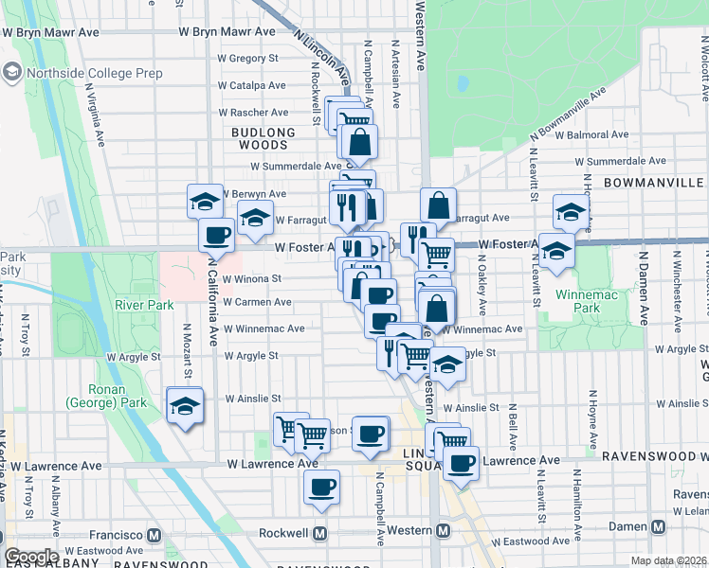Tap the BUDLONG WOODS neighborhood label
click(x=259, y=138)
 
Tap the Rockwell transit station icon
click(x=320, y=533)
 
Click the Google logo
click(x=31, y=557)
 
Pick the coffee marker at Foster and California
click(x=216, y=236)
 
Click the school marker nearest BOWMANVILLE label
click(x=571, y=213)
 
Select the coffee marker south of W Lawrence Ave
click(x=321, y=488)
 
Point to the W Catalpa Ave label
click(x=251, y=85)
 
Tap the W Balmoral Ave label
click(x=594, y=135)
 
